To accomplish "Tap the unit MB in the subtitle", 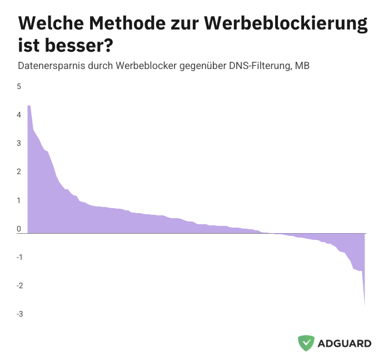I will (302, 66).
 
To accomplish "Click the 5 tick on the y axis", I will (19, 86).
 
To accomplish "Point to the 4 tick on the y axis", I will (19, 115).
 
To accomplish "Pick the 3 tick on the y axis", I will (19, 143).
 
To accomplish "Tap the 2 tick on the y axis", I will (19, 171).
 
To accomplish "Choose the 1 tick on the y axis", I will (19, 200).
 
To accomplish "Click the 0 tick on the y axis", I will (19, 229).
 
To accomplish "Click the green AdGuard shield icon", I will (306, 343).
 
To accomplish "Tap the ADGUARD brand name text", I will (345, 343).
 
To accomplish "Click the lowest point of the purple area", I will (365, 304).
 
